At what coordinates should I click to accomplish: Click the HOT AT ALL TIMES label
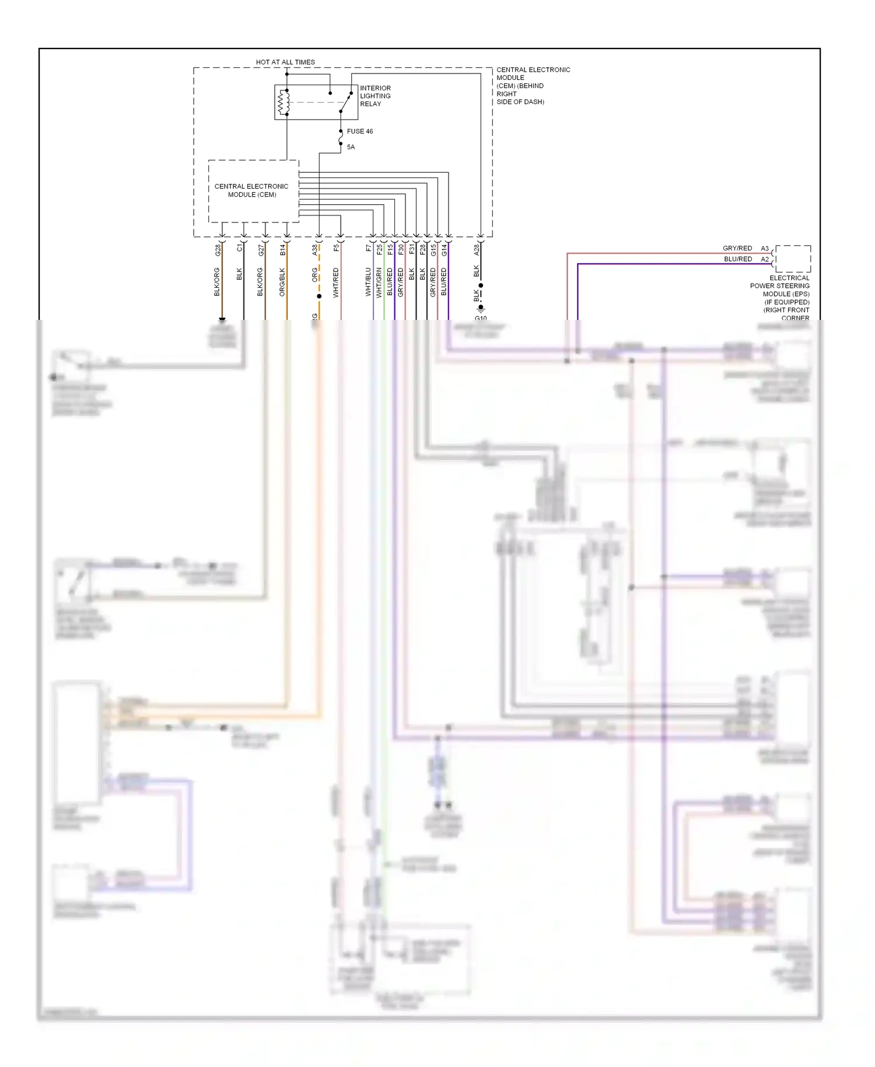(285, 62)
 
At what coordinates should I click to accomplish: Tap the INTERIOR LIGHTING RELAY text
(375, 96)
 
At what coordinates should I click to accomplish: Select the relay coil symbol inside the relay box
(284, 103)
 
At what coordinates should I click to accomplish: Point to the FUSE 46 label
(359, 131)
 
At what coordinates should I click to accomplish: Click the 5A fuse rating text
(351, 147)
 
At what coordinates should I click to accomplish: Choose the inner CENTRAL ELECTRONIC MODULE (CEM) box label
(251, 190)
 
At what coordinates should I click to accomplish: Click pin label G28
(218, 250)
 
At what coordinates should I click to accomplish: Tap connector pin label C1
(239, 248)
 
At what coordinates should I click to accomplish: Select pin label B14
(282, 250)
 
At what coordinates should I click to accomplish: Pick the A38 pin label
(314, 250)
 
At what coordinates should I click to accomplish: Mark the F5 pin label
(336, 248)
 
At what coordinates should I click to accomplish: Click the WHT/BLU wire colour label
(368, 282)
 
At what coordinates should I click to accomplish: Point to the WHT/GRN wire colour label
(379, 283)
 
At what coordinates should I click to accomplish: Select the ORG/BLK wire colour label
(282, 282)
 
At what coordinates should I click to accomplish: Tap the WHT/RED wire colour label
(336, 283)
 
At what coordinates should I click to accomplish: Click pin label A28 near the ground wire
(476, 250)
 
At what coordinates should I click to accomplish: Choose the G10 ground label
(481, 318)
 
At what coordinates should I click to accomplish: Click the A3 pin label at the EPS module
(765, 249)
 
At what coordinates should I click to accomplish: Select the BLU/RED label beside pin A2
(738, 259)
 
